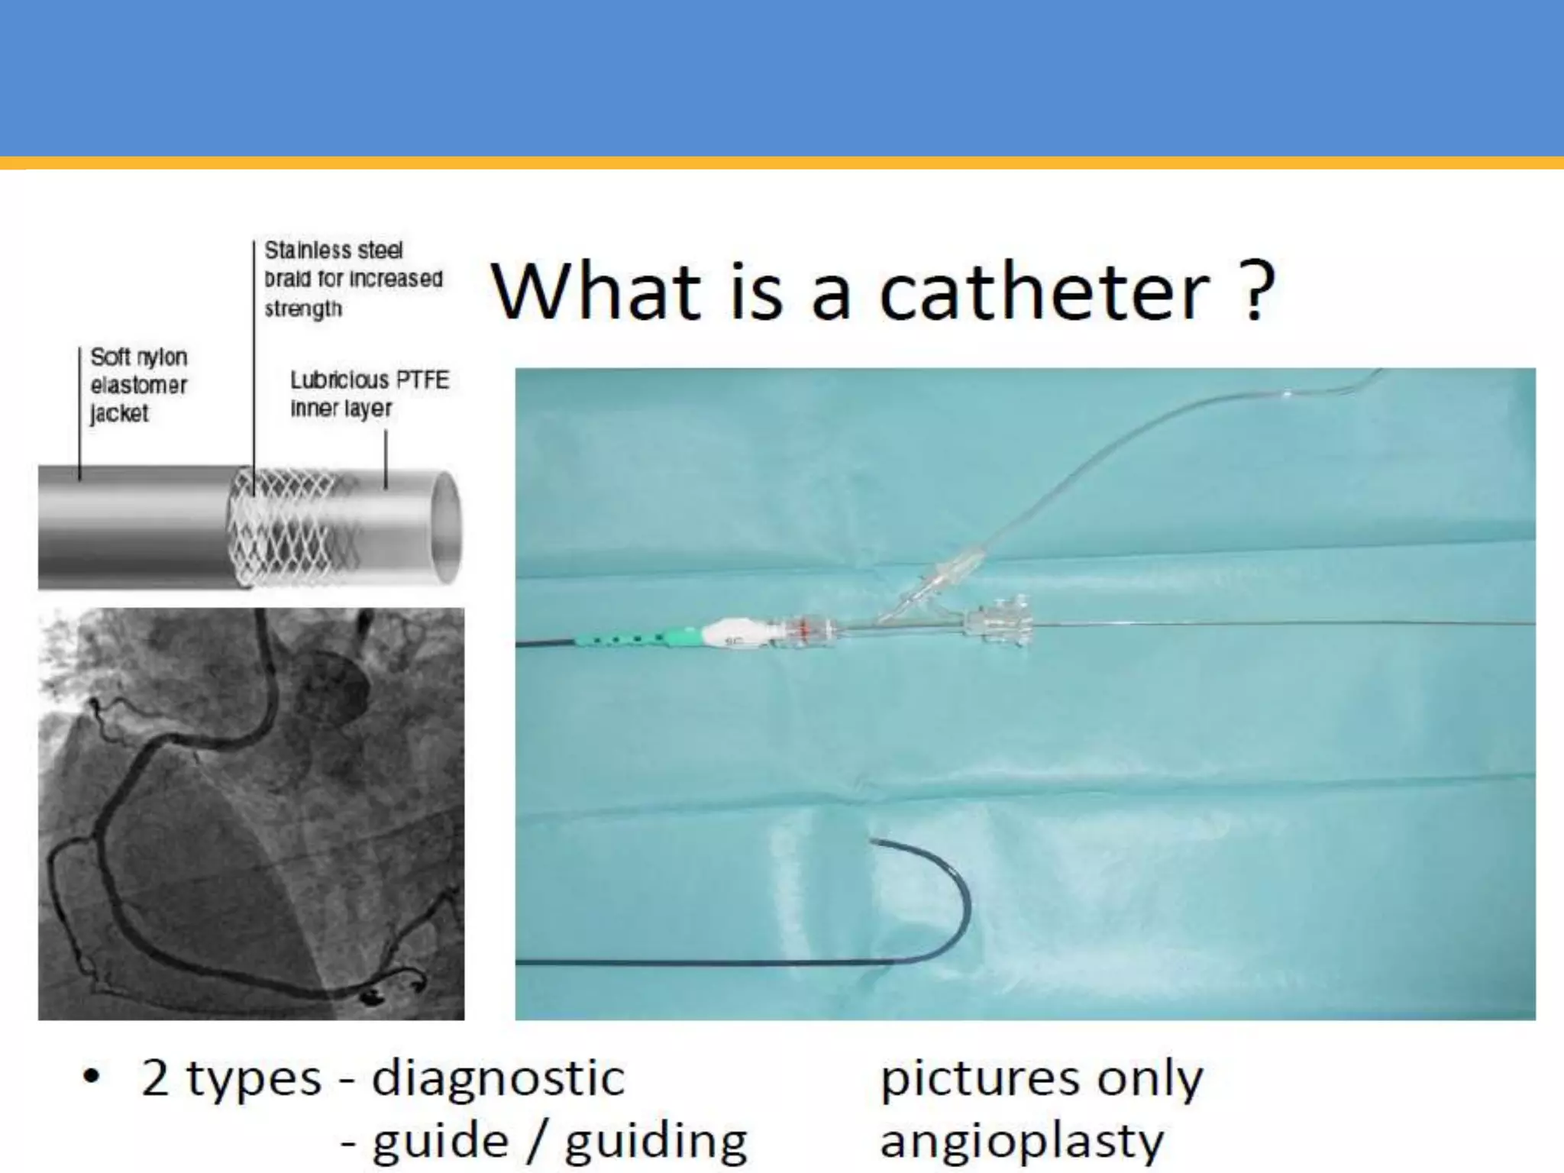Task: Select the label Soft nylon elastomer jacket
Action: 138,385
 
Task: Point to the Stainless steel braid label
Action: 353,279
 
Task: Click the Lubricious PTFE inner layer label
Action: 369,393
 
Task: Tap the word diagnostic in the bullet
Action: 498,1078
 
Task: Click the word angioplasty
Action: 1022,1141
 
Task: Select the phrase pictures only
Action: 1042,1078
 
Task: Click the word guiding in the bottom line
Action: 656,1141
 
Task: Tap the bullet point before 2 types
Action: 92,1078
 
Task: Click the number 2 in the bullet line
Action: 155,1078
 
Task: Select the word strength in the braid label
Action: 303,309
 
